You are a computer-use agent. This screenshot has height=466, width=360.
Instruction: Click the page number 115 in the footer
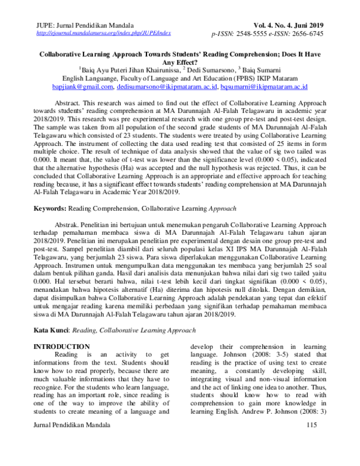[310, 443]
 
